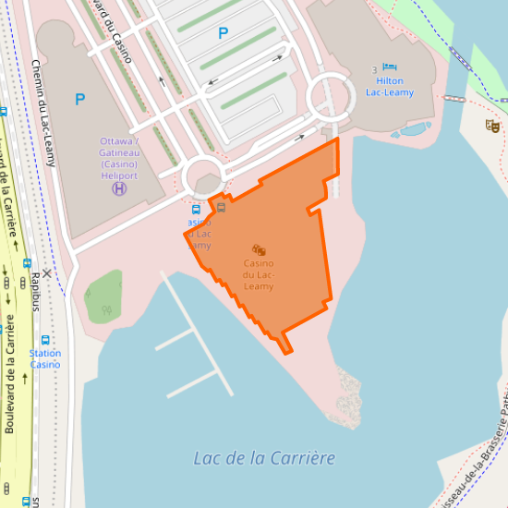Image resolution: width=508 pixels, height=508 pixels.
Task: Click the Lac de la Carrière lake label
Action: pyautogui.click(x=264, y=458)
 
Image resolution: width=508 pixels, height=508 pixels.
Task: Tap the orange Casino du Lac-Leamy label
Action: pyautogui.click(x=259, y=275)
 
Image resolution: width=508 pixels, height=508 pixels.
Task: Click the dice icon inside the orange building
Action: pyautogui.click(x=260, y=249)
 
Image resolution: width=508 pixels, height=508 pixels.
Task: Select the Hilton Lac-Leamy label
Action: pyautogui.click(x=390, y=87)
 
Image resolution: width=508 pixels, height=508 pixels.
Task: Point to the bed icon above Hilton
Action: pyautogui.click(x=390, y=68)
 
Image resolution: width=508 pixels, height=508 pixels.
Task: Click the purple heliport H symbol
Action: pyautogui.click(x=119, y=188)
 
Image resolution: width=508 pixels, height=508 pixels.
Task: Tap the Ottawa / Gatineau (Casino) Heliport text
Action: pyautogui.click(x=119, y=158)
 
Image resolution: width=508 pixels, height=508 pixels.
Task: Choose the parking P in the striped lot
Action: pyautogui.click(x=223, y=33)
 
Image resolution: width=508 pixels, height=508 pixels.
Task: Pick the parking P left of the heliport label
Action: pyautogui.click(x=80, y=99)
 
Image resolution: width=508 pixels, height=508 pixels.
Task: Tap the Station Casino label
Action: pyautogui.click(x=45, y=358)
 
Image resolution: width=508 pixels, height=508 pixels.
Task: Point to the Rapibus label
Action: pyautogui.click(x=36, y=291)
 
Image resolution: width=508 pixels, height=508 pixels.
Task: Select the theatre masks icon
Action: pyautogui.click(x=492, y=126)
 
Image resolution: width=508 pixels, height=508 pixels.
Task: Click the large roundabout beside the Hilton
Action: pyautogui.click(x=331, y=97)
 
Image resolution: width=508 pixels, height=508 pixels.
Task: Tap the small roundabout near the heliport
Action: pyautogui.click(x=203, y=176)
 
